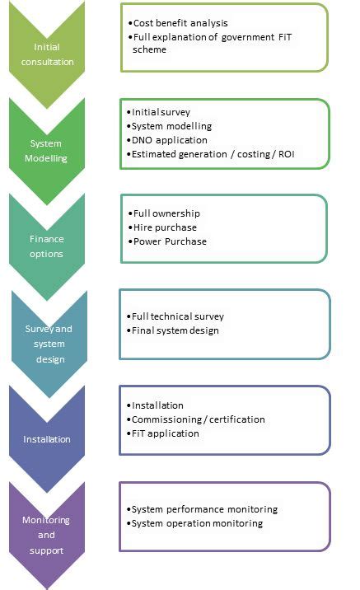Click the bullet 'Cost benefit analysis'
pos(179,23)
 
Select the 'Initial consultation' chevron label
pos(53,54)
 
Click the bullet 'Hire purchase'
pos(164,227)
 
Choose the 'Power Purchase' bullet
pos(169,241)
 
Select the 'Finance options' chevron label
pos(47,246)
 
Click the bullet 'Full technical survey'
pos(177,316)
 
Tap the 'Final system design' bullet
pos(175,330)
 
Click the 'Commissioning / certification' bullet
pos(198,419)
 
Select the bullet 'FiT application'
pos(165,433)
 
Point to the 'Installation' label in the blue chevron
pos(47,439)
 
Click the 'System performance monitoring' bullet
pos(203,509)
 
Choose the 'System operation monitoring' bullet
pos(196,523)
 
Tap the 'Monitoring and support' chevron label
pos(47,535)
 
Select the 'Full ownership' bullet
pos(166,213)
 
